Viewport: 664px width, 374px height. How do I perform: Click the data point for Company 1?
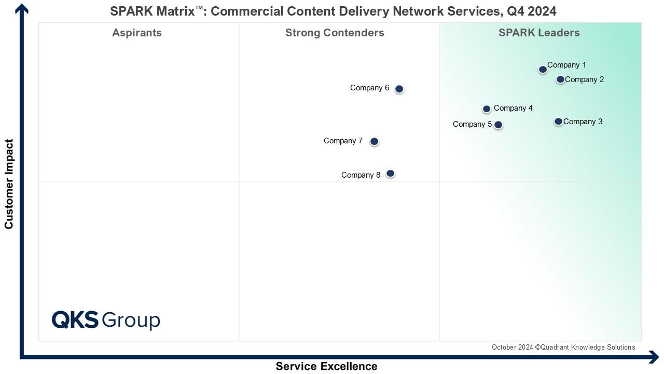[x=543, y=69]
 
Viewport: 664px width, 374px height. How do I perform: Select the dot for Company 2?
[x=560, y=79]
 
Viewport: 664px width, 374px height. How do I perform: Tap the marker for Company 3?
[x=558, y=122]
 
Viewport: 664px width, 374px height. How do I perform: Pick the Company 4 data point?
[x=487, y=109]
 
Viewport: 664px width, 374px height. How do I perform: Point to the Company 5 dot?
[x=498, y=125]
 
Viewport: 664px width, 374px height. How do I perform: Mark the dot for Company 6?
[x=399, y=89]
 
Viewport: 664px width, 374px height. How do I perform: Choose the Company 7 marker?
[x=374, y=141]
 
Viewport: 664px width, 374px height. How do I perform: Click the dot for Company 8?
[x=391, y=173]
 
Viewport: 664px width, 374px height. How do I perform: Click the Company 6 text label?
[x=369, y=88]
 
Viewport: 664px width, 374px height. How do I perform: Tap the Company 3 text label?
[x=583, y=122]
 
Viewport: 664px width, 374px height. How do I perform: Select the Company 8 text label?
[x=361, y=175]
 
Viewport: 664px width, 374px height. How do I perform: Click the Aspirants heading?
[x=137, y=33]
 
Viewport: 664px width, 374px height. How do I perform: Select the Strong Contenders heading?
[x=335, y=33]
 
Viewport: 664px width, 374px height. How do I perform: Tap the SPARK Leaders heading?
[x=539, y=33]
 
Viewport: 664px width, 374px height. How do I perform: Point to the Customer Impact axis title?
[x=9, y=184]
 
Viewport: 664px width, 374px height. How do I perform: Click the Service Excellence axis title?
[x=326, y=366]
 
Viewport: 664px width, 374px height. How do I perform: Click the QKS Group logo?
[x=106, y=320]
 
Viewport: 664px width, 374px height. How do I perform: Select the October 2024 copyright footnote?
[x=563, y=347]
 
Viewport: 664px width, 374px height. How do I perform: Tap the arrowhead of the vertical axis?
[x=22, y=8]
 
